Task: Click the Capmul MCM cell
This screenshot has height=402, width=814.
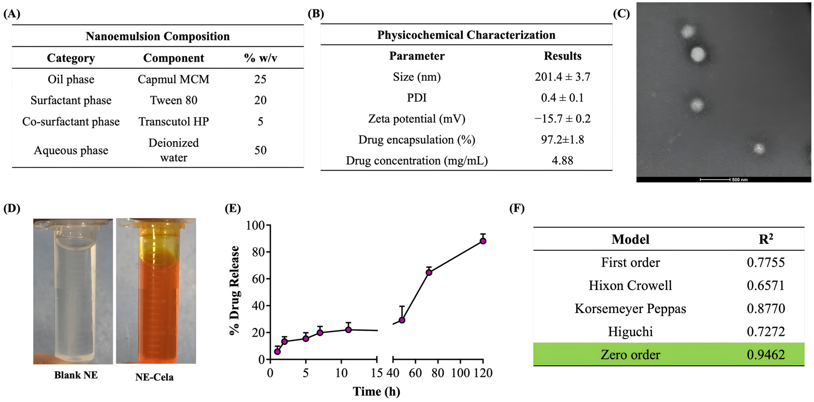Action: tap(173, 79)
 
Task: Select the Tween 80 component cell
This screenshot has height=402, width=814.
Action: tap(173, 100)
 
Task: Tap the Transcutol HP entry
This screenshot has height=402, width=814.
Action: tap(173, 122)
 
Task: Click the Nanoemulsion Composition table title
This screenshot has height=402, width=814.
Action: tap(158, 36)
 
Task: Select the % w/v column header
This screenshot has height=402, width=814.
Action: tap(260, 58)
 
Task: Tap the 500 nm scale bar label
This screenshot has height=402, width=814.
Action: tap(740, 180)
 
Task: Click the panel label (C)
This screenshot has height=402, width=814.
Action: tap(621, 14)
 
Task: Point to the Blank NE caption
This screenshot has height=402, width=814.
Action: tap(76, 375)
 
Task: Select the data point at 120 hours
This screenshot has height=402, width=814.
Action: tap(483, 241)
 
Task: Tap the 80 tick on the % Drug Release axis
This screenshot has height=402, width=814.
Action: tap(258, 252)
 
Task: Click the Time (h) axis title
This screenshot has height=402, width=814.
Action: tap(376, 392)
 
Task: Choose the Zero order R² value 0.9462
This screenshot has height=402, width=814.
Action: tap(766, 355)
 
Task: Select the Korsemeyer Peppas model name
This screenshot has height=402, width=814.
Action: tap(630, 309)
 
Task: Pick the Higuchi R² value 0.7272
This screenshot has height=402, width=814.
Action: tap(766, 332)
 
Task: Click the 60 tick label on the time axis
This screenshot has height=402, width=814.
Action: tap(415, 373)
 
